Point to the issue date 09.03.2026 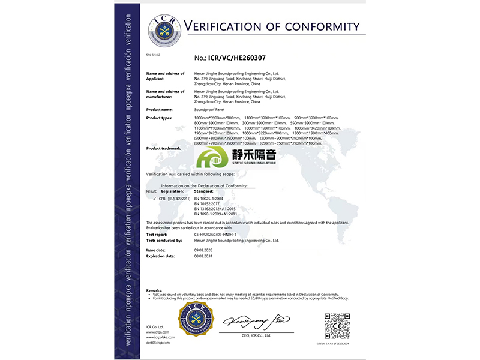(204, 250)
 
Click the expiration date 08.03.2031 (204, 256)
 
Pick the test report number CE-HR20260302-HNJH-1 (220, 235)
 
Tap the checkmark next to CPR (155, 197)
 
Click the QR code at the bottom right (337, 325)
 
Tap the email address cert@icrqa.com (158, 343)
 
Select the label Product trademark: (164, 148)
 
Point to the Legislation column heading (173, 191)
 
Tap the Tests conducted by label (164, 240)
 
